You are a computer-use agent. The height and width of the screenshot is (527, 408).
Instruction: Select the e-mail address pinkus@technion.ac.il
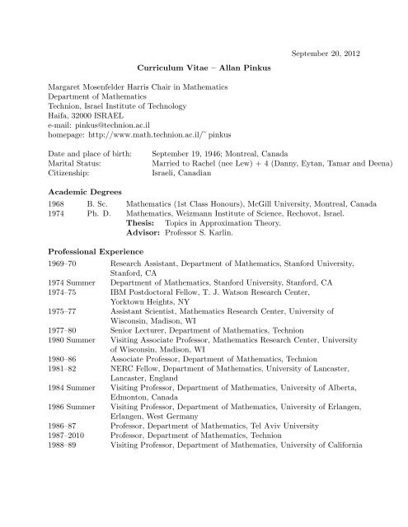coord(116,130)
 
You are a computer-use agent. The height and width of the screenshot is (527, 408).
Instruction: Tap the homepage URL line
coord(120,141)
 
